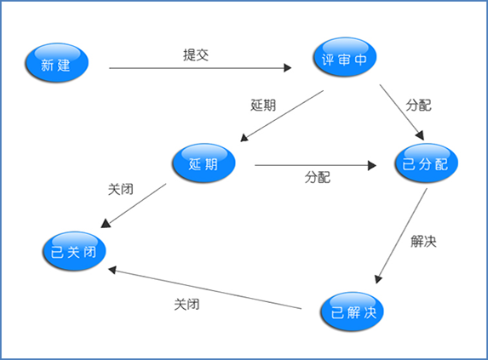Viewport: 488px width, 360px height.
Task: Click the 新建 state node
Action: point(57,62)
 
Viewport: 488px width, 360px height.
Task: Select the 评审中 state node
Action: point(345,57)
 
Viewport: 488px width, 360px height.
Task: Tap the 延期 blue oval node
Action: point(204,163)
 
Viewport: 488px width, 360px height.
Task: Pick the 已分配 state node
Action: point(426,163)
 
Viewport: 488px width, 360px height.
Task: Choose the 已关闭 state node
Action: point(74,251)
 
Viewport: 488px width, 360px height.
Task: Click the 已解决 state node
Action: point(352,311)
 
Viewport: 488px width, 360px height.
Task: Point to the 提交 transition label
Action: point(196,55)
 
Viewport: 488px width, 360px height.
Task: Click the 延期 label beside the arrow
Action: point(263,105)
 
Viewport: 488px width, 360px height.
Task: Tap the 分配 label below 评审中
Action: point(419,105)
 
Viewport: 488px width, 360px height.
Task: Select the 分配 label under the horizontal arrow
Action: point(318,177)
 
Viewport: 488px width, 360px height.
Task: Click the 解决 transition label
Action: point(423,241)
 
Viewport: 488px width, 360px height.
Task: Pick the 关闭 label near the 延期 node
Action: point(121,189)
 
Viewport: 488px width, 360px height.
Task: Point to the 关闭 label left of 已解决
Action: point(187,304)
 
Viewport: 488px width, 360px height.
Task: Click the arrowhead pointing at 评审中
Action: point(288,68)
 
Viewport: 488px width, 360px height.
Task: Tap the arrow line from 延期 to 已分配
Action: point(316,165)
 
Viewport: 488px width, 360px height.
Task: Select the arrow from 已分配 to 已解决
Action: point(401,236)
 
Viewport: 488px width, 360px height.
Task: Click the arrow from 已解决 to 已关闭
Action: point(204,288)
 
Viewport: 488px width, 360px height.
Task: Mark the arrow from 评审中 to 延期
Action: point(282,116)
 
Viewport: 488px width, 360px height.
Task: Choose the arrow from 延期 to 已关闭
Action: point(134,206)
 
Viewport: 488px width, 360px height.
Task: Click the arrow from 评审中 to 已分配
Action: point(402,112)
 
